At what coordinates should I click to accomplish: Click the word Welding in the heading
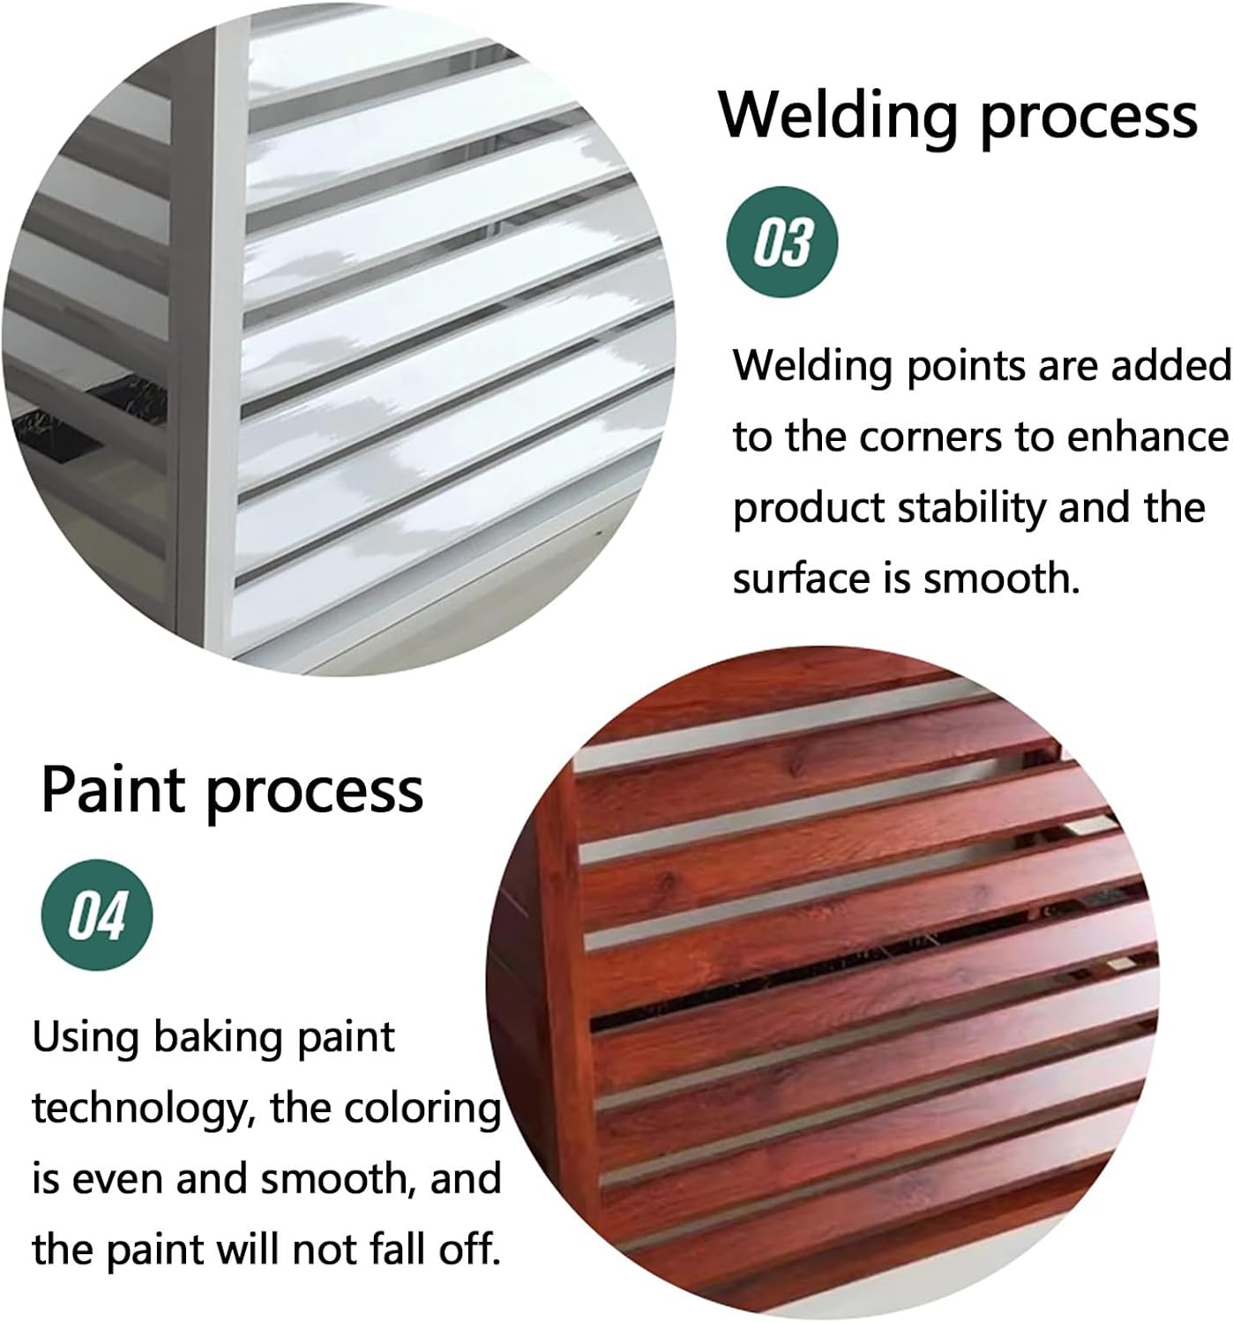838,115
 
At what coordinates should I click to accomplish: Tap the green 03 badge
781,241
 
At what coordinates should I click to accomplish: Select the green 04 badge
98,915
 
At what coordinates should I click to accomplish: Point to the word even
119,1179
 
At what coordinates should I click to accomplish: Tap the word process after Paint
313,791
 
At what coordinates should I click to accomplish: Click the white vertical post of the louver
223,353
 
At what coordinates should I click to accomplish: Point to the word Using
86,1038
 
